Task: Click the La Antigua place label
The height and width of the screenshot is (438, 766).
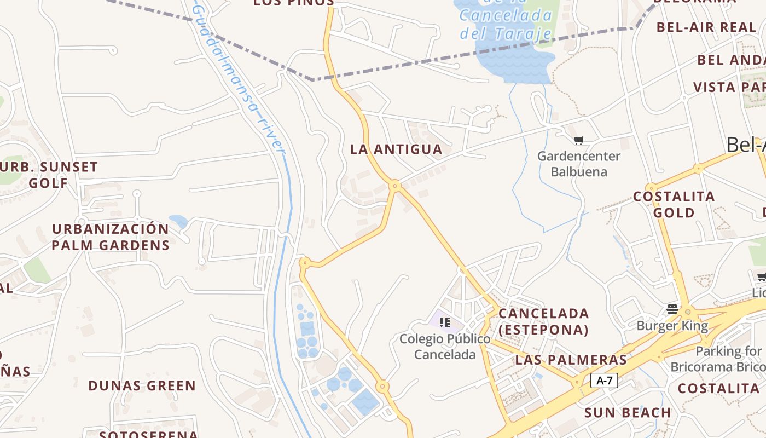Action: click(x=396, y=149)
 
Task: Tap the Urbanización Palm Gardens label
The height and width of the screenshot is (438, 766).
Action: click(x=111, y=237)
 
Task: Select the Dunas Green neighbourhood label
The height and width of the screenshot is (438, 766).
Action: click(x=142, y=385)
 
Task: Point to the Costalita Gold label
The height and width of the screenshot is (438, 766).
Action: click(x=674, y=204)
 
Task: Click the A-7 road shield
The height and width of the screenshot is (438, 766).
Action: click(x=604, y=381)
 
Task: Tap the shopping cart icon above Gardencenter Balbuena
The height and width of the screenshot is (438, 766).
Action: click(x=579, y=140)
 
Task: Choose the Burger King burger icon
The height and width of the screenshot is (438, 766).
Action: click(x=672, y=309)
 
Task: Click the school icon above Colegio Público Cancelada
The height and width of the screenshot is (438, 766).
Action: click(x=445, y=322)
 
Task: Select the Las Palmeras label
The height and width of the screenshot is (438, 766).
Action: click(x=571, y=360)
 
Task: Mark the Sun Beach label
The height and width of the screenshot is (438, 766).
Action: click(x=628, y=412)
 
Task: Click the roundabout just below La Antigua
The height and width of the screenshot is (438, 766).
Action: click(x=394, y=186)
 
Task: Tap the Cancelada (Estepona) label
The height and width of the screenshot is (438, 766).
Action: click(x=544, y=321)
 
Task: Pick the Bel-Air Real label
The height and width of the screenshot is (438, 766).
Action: click(x=706, y=27)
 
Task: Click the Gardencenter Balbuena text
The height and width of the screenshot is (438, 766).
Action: click(x=579, y=164)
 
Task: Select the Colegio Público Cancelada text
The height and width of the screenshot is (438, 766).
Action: click(x=445, y=347)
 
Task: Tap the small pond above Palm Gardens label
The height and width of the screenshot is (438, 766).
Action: click(x=178, y=221)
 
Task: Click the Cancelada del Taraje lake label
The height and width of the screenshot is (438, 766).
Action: click(x=506, y=24)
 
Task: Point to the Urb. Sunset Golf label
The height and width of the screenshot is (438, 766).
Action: click(x=49, y=175)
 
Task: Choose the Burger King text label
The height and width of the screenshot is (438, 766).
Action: click(x=672, y=326)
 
